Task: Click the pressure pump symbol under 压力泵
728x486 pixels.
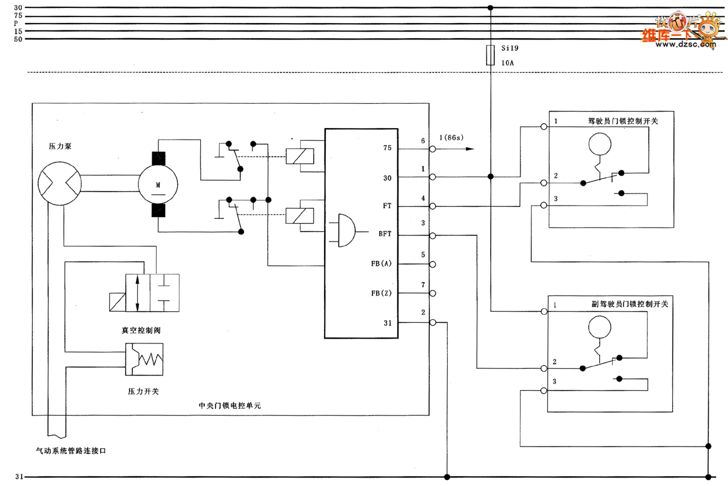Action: tap(59, 181)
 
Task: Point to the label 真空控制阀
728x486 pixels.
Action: tap(140, 331)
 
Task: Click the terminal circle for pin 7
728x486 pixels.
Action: tap(433, 293)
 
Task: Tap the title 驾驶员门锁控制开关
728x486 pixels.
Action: tap(623, 121)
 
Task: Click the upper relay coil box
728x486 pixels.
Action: tap(302, 156)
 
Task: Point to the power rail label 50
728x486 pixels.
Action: tap(18, 39)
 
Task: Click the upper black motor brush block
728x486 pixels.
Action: tap(158, 157)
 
